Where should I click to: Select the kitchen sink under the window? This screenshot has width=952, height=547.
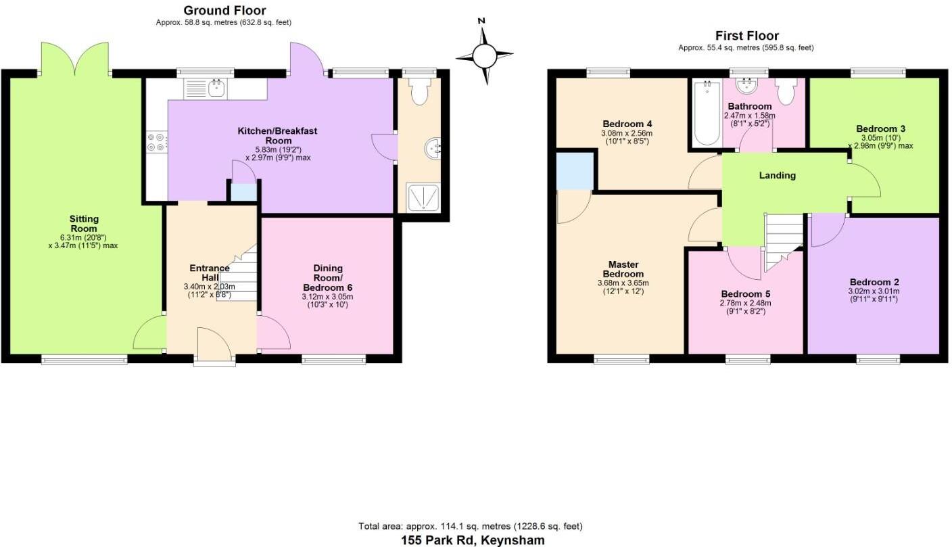(x=216, y=87)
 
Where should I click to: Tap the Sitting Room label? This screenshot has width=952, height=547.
(x=84, y=224)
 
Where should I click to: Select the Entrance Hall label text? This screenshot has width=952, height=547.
(x=209, y=272)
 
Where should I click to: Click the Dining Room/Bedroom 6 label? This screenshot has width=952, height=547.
(x=327, y=278)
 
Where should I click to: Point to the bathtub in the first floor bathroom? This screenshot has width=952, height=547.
(x=706, y=113)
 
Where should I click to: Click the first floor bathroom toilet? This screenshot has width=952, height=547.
(x=786, y=91)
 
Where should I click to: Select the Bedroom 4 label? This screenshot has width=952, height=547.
(x=627, y=124)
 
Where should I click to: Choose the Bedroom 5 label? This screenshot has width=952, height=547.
(x=745, y=294)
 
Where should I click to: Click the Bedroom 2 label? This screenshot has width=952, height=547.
(x=874, y=282)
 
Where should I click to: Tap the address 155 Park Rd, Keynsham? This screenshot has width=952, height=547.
(x=471, y=540)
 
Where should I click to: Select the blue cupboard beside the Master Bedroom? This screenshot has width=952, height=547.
(x=575, y=171)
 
